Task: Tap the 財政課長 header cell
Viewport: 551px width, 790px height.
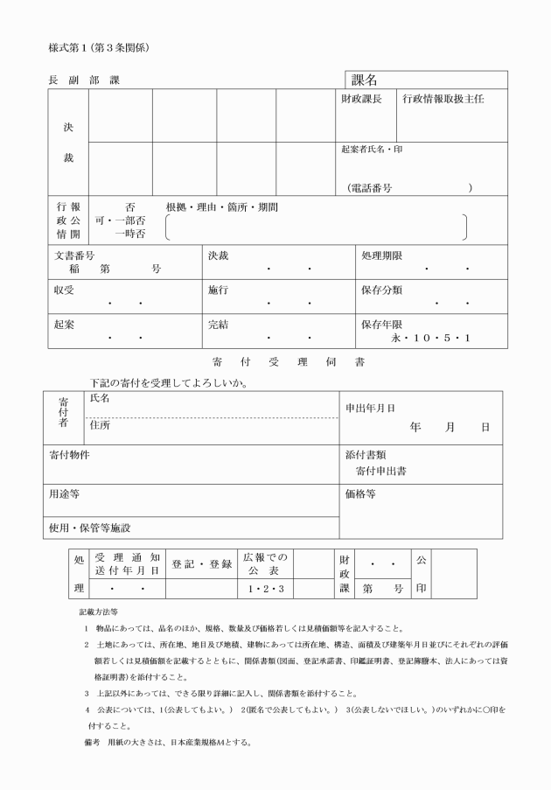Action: tap(361, 100)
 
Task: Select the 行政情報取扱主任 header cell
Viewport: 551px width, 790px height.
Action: tap(443, 100)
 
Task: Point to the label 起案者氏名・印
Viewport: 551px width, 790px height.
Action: tap(372, 150)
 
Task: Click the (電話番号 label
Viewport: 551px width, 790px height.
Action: tap(368, 188)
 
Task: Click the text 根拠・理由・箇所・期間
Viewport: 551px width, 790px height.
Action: tap(222, 207)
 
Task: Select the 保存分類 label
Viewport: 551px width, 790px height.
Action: tap(381, 290)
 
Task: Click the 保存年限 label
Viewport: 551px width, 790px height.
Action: tap(381, 324)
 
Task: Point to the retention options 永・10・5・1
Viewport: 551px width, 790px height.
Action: tap(431, 337)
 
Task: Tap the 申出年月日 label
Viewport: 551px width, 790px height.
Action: tap(370, 408)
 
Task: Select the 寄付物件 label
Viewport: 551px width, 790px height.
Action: tap(69, 455)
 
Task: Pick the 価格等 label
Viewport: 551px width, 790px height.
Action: tap(361, 494)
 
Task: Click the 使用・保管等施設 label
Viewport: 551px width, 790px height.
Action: tap(90, 528)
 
